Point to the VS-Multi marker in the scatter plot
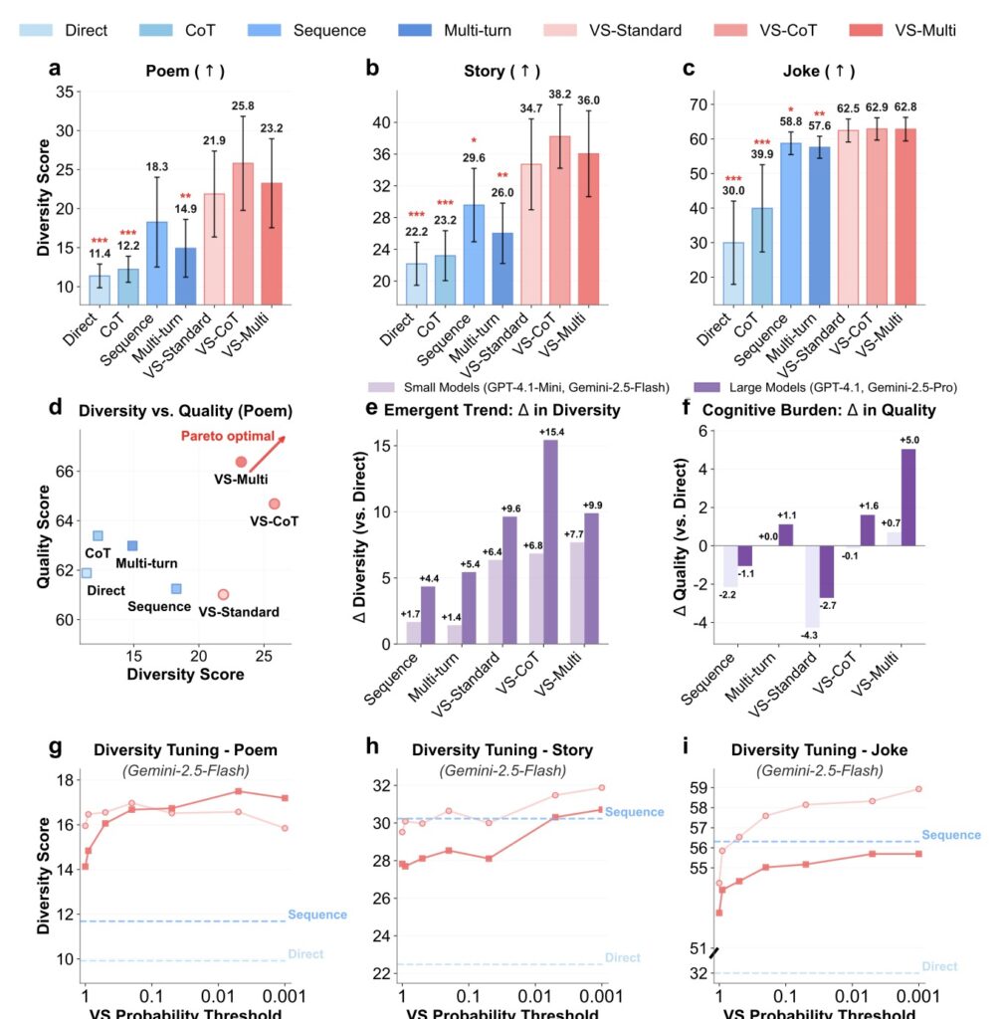click(x=241, y=462)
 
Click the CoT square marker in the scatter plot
click(x=98, y=535)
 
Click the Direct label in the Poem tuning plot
click(x=305, y=954)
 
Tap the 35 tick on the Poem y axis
click(x=66, y=92)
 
